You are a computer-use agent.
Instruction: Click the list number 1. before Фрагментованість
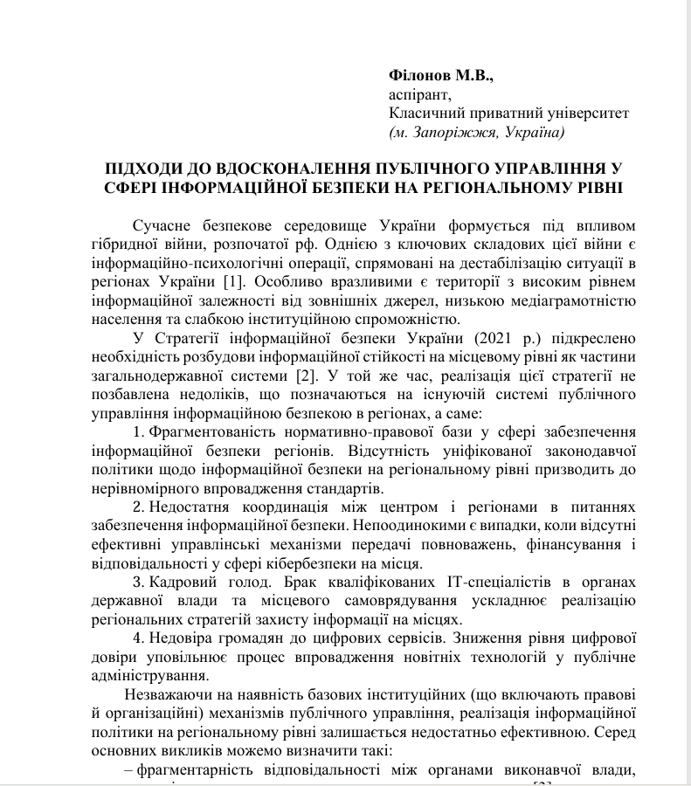tap(138, 433)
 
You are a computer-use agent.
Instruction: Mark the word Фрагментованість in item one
tap(208, 433)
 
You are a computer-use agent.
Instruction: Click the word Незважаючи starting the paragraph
tap(167, 695)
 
